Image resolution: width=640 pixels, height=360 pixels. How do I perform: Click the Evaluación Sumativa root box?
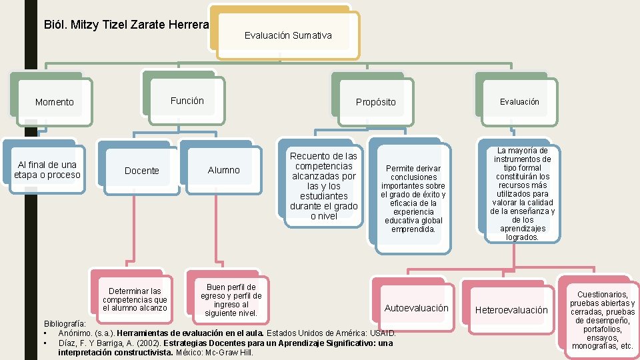pos(287,35)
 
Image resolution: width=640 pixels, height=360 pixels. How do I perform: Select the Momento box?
pos(55,102)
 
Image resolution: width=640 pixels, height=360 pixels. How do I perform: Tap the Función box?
pos(187,101)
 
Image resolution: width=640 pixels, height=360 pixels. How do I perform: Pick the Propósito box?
pos(375,102)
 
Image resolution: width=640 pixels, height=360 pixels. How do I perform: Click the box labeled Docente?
pos(141,171)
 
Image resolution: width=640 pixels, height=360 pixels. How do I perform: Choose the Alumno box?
pos(223,170)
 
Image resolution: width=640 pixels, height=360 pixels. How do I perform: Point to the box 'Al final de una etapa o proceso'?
pos(47,170)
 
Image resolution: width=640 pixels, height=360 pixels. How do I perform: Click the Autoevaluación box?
pos(416,308)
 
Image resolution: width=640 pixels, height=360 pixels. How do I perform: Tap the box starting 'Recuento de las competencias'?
pos(323,186)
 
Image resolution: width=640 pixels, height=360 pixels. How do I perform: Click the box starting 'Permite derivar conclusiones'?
pos(413,199)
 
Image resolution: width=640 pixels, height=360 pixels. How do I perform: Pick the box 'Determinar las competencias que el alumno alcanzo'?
pos(135,299)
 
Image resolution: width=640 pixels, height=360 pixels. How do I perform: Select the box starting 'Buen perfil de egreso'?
pos(231,300)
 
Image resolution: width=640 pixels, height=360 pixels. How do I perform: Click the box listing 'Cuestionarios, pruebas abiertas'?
pos(602,320)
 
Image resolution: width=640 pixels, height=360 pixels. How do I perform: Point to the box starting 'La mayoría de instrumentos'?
pos(522,194)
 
